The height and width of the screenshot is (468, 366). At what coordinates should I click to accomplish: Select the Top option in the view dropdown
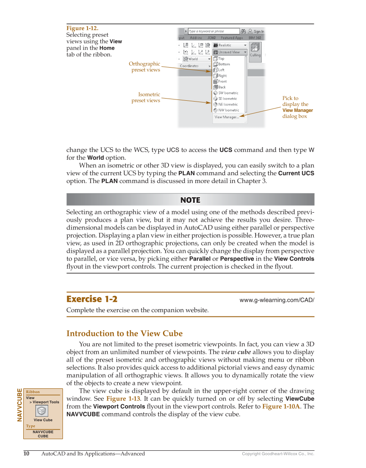(x=221, y=59)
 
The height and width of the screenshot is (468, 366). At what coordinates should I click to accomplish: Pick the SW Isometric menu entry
(x=228, y=93)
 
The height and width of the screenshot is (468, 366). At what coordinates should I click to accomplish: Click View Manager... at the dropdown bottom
(x=227, y=117)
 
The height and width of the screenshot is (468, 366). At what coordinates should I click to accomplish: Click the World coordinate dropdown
(x=197, y=59)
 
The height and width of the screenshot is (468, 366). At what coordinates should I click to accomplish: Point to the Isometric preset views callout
(x=146, y=97)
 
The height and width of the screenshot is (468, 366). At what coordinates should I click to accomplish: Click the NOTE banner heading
(x=190, y=200)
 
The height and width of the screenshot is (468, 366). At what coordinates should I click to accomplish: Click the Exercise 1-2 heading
(x=92, y=299)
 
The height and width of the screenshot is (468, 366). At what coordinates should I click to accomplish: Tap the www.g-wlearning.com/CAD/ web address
(x=276, y=300)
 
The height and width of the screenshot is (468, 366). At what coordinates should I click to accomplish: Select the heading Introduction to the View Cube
(x=125, y=334)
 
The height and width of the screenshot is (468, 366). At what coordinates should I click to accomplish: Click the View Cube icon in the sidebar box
(x=42, y=410)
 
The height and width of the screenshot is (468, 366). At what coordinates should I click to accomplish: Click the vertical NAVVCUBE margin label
(x=19, y=405)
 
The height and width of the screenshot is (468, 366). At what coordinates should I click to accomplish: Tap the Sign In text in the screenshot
(x=259, y=31)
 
